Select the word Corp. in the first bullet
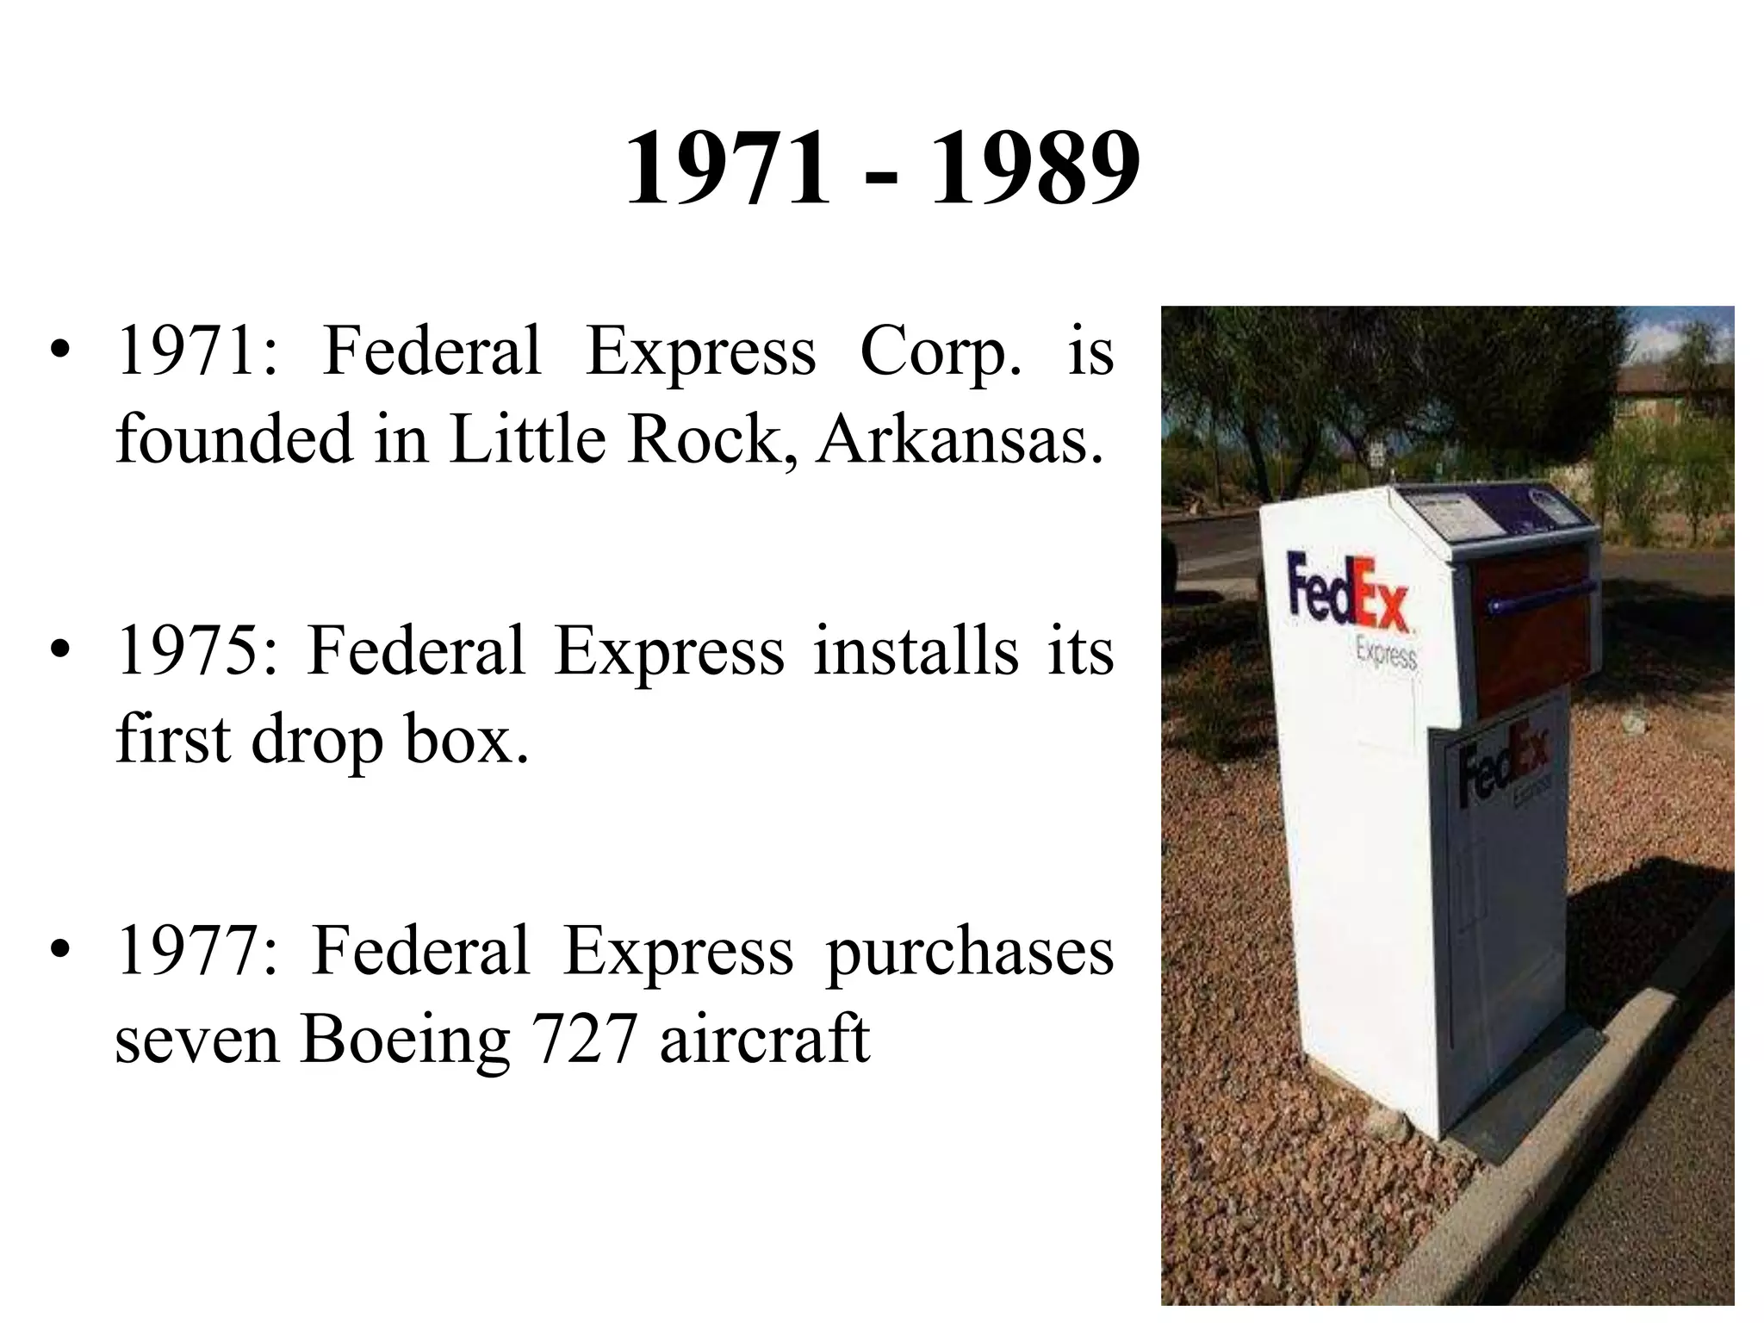[941, 354]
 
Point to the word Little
[527, 439]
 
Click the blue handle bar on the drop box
[1542, 595]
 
